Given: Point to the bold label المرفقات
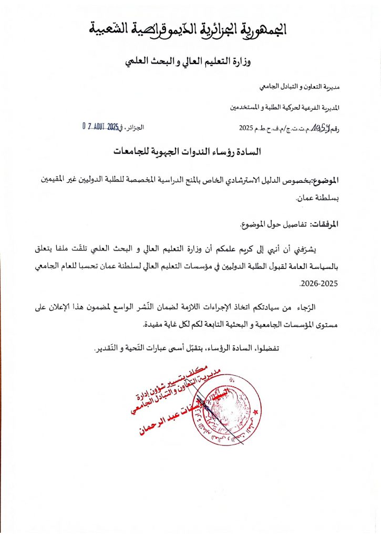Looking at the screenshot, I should (325, 224).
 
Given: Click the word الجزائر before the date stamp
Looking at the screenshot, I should (134, 128).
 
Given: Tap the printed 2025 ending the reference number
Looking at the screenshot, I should (246, 128).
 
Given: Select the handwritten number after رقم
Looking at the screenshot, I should (318, 127).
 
